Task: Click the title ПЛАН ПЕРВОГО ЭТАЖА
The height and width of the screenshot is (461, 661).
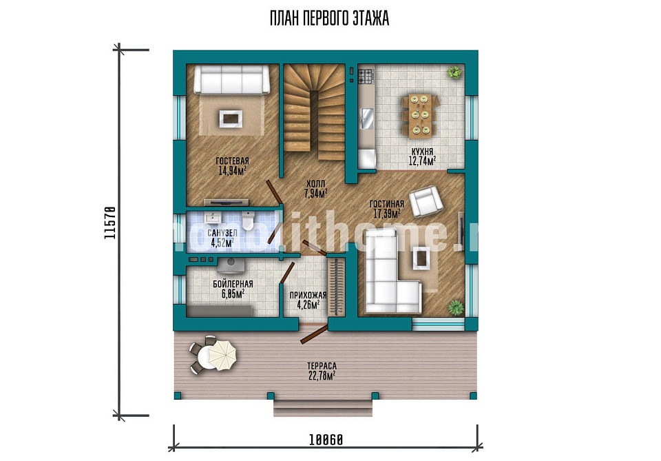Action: [x=329, y=19]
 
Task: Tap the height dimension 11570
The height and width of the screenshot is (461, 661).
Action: [x=109, y=223]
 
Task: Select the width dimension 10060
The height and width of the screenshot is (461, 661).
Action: [x=326, y=440]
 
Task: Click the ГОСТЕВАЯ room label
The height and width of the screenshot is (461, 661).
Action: [x=232, y=161]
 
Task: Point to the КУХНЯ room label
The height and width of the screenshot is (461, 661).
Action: [x=422, y=152]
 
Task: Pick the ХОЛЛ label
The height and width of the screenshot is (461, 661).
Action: [x=316, y=184]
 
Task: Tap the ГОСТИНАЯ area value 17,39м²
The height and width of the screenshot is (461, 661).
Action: [x=387, y=214]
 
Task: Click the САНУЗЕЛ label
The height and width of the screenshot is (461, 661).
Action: [x=222, y=233]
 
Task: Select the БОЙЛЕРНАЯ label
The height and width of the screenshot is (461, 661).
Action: [x=233, y=284]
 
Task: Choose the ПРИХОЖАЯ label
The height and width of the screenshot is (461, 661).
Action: [x=308, y=295]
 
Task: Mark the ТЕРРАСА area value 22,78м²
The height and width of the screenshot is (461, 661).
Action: [x=322, y=376]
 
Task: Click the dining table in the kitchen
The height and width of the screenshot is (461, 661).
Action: [x=420, y=116]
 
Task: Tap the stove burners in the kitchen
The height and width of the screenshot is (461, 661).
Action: [x=366, y=76]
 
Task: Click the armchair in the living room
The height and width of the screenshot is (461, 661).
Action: [x=426, y=201]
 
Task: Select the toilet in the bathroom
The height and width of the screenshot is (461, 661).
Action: [x=249, y=221]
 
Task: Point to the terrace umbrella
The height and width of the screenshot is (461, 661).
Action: [x=222, y=355]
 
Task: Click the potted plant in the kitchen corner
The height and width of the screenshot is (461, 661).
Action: [x=454, y=72]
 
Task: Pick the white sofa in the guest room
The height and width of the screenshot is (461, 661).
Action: [x=231, y=79]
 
